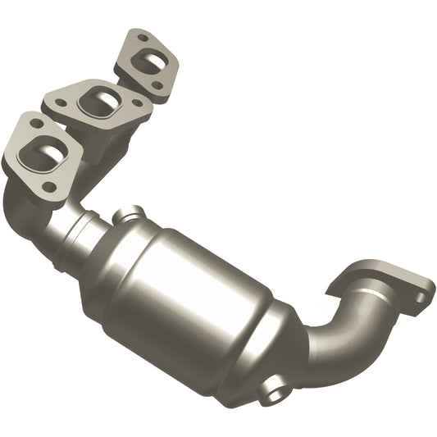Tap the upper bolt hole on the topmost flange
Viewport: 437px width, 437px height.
[x=143, y=37]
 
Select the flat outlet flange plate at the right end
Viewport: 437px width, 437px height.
[x=385, y=283]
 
